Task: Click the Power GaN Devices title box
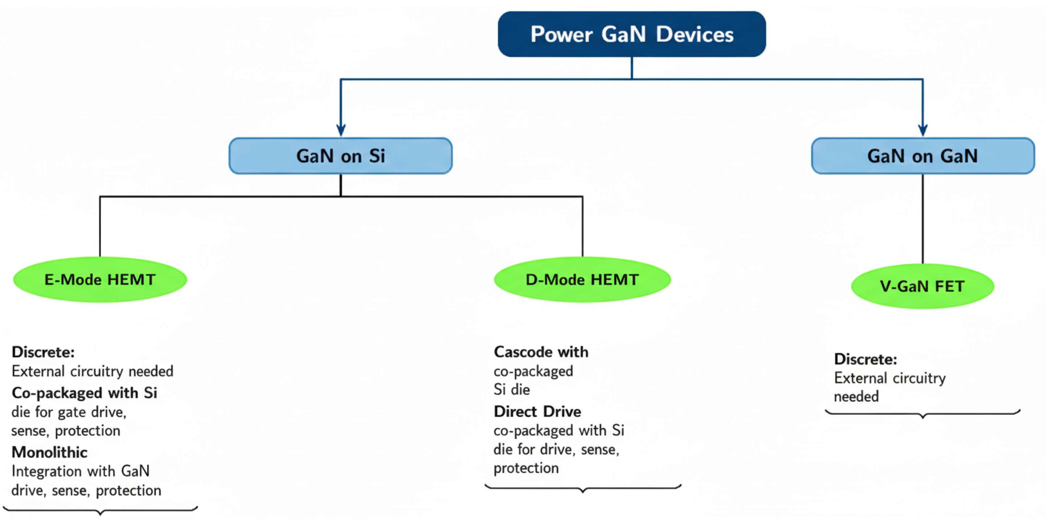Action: click(632, 34)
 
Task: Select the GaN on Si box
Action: click(340, 156)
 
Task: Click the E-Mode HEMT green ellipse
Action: click(100, 280)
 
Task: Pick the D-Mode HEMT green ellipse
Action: click(582, 280)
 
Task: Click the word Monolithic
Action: click(50, 452)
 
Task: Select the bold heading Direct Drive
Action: click(537, 412)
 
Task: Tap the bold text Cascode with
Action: click(541, 352)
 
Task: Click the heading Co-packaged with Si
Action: click(84, 393)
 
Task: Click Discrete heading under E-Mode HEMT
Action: click(43, 352)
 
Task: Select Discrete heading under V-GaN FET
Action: click(865, 359)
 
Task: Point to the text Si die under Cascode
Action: click(511, 389)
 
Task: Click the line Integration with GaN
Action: click(80, 471)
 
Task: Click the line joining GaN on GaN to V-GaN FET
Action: click(923, 220)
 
